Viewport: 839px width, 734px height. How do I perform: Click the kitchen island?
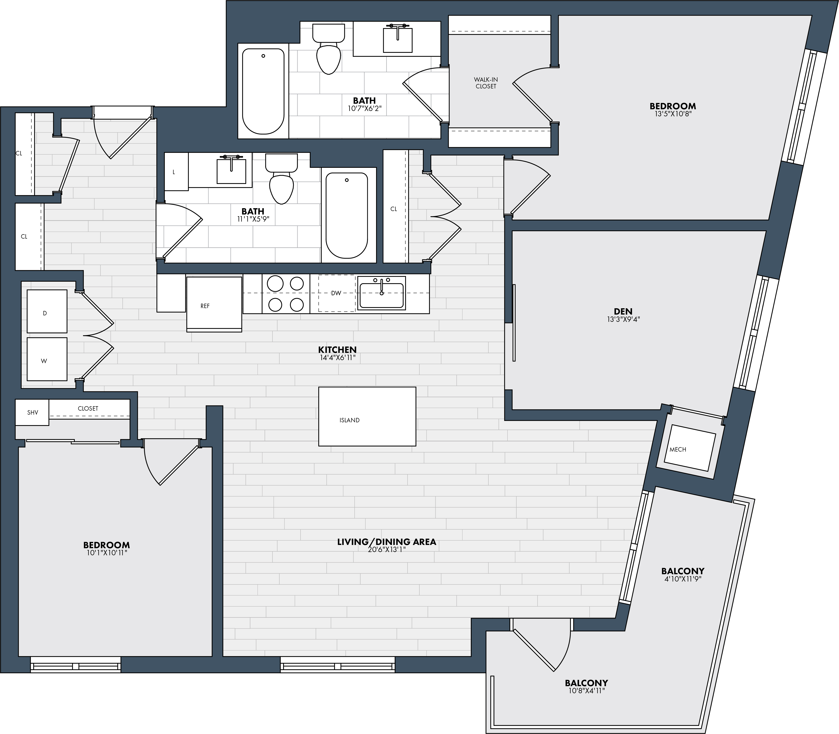(x=367, y=416)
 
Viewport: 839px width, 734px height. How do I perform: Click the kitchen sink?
(x=381, y=293)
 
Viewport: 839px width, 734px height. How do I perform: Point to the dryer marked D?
(x=47, y=311)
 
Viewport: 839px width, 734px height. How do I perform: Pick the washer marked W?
(x=47, y=359)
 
